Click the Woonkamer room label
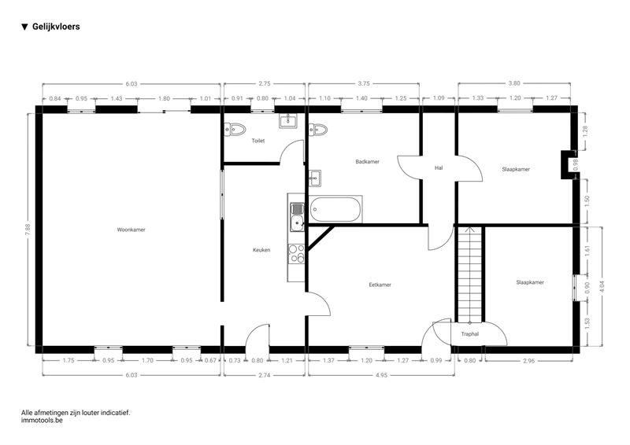click(x=131, y=230)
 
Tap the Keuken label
click(x=261, y=250)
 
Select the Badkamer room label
click(x=367, y=162)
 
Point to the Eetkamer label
click(x=380, y=285)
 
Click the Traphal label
click(x=469, y=334)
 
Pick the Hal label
click(x=439, y=167)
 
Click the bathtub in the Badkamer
click(x=336, y=209)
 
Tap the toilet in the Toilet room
click(x=235, y=129)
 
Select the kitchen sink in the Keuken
click(x=298, y=217)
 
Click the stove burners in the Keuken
click(x=297, y=254)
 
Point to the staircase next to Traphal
click(x=469, y=275)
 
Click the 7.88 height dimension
click(x=28, y=229)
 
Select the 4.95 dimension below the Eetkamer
click(x=382, y=375)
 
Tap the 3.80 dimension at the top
click(x=514, y=83)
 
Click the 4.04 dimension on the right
click(x=602, y=286)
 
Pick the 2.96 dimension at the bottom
click(x=529, y=361)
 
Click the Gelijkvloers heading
click(x=56, y=27)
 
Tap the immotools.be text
click(x=42, y=421)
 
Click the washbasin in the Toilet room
click(x=288, y=121)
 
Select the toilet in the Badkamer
click(x=318, y=130)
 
